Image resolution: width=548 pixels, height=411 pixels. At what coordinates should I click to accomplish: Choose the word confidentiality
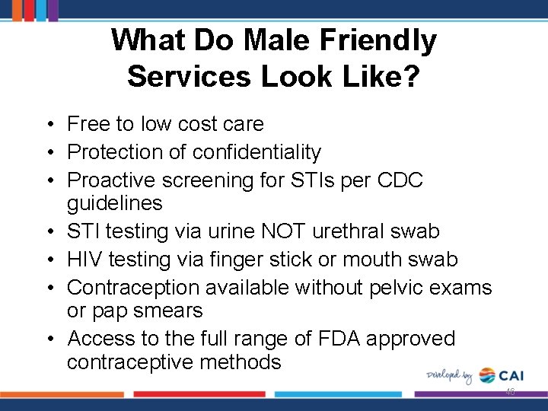coord(256,152)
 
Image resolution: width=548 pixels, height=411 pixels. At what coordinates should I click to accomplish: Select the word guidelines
coord(114,203)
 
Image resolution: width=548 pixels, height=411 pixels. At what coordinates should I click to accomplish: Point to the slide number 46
coord(510,392)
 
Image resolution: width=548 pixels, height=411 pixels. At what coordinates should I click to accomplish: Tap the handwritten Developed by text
coord(448,375)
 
